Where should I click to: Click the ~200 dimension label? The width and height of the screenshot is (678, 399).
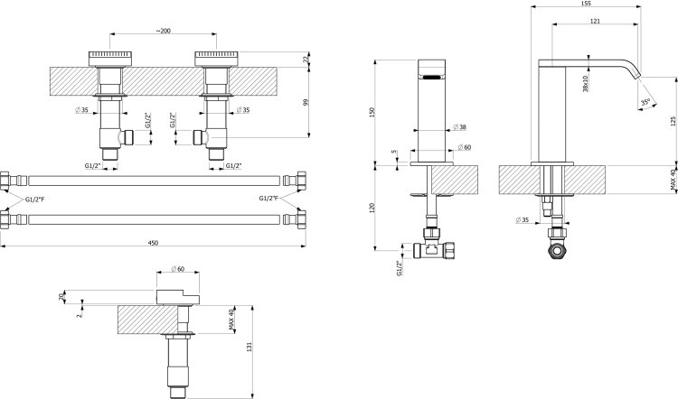[x=163, y=31]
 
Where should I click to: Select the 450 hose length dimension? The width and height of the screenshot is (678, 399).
[x=153, y=243]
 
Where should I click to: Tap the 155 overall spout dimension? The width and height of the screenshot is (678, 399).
[x=587, y=3]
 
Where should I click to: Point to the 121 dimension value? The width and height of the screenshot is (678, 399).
[x=596, y=21]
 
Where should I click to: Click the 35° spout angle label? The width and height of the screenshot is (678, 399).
[x=645, y=102]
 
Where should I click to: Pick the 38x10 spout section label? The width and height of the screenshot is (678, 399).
[x=586, y=84]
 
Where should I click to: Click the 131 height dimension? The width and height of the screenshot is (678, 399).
[x=250, y=347]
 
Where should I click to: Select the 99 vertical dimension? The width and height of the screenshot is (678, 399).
[x=306, y=103]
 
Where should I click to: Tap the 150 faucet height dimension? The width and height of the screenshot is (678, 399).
[x=372, y=112]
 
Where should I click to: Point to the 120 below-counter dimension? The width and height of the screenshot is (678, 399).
[x=372, y=208]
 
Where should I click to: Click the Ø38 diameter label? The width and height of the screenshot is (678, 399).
[x=459, y=127]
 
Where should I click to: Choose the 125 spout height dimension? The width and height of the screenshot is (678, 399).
[x=673, y=120]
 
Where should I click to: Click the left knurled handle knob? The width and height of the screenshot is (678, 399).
[x=110, y=60]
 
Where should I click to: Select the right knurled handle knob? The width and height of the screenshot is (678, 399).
[x=217, y=60]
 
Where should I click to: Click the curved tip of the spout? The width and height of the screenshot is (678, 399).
[x=636, y=73]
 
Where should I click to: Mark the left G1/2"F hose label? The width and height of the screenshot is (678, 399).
[x=34, y=199]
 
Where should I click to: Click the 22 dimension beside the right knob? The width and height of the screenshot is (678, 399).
[x=306, y=60]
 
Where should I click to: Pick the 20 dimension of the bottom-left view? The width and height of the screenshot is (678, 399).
[x=61, y=297]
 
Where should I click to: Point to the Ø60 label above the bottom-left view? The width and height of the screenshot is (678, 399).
[x=178, y=269]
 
